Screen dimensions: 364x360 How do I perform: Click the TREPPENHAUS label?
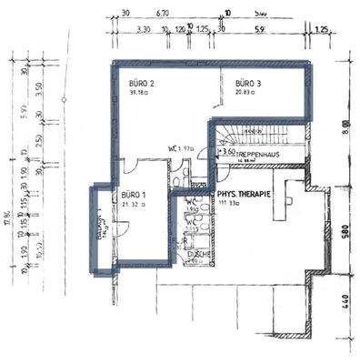click(x=256, y=155)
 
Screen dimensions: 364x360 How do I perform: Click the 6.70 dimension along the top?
click(x=163, y=15)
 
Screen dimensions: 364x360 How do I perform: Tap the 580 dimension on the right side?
click(x=344, y=232)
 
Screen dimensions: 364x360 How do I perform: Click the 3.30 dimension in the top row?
click(x=143, y=30)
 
